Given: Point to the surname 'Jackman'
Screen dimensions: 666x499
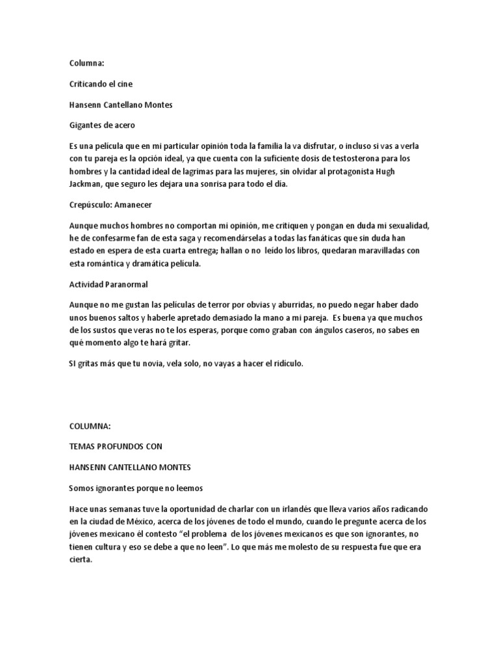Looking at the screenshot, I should coord(85,184).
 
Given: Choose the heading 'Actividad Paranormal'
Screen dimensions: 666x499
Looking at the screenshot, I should coord(107,284).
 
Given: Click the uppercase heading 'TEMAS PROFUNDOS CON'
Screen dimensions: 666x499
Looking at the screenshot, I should coord(115,446).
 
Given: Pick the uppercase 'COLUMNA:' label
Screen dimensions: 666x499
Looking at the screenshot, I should coord(90,426).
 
